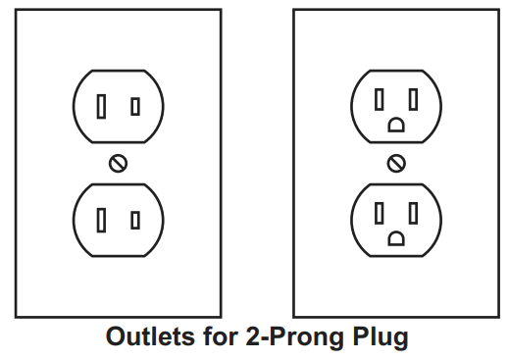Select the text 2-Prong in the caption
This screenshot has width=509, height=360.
[285, 338]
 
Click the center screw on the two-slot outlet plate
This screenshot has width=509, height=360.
[118, 163]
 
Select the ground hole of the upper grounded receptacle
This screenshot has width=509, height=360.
[396, 125]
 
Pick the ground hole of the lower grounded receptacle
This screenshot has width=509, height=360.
[396, 237]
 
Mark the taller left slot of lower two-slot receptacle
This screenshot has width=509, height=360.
[101, 220]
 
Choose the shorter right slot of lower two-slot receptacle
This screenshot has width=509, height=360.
[135, 220]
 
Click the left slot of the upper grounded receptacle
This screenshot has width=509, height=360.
[381, 99]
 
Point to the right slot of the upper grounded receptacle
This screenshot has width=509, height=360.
[414, 99]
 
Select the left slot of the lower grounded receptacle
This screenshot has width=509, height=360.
[381, 212]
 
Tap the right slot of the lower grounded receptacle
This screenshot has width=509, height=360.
[414, 212]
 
